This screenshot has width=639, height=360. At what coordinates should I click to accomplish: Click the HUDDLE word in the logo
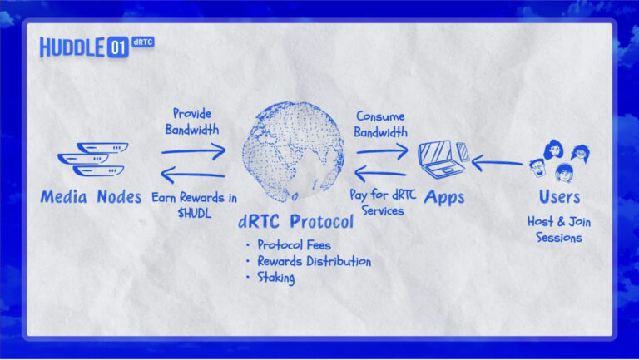[x=72, y=47]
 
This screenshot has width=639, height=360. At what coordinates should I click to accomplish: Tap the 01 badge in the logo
[x=118, y=47]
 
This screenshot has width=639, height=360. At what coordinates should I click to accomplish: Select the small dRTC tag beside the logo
[x=143, y=42]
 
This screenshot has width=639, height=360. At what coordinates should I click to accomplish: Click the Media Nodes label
[x=91, y=197]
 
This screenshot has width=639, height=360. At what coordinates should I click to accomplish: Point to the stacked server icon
[x=93, y=160]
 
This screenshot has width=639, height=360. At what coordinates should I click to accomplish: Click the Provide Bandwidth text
[x=192, y=121]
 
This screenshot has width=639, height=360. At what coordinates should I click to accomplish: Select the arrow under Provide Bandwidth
[x=194, y=151]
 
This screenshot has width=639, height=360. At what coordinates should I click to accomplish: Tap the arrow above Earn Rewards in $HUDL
[x=193, y=175]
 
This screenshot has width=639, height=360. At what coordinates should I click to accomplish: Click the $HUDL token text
[x=195, y=213]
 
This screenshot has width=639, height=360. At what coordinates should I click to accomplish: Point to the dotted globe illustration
[x=294, y=151]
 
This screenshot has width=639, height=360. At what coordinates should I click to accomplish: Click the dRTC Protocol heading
[x=296, y=221]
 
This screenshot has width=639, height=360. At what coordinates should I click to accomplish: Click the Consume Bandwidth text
[x=380, y=124]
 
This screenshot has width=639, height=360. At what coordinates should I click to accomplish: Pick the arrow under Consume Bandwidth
[x=382, y=151]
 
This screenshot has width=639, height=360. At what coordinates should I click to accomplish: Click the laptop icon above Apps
[x=442, y=159]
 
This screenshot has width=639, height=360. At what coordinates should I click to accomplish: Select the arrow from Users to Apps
[x=498, y=163]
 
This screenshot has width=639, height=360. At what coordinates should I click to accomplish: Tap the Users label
[x=559, y=197]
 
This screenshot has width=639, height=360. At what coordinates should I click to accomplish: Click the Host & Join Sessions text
[x=559, y=229]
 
